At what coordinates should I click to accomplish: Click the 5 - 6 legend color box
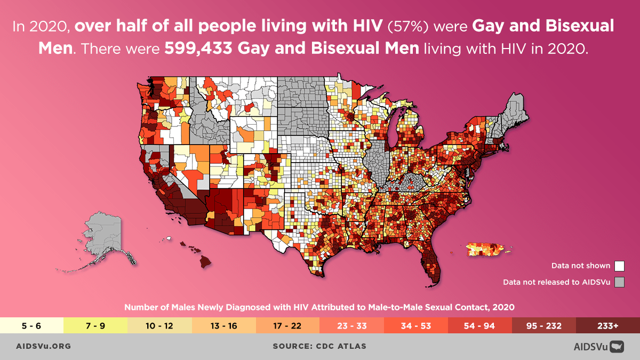(x=32, y=325)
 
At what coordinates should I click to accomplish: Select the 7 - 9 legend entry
(x=96, y=325)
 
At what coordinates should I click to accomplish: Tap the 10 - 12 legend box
(x=160, y=325)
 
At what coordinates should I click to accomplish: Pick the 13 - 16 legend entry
(x=224, y=325)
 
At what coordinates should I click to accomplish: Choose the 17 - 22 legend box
(x=288, y=325)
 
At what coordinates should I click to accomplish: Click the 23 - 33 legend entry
(x=352, y=325)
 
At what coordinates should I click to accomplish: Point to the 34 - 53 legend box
(x=416, y=325)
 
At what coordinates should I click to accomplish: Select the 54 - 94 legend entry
(x=480, y=325)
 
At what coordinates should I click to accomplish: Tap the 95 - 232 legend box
(x=544, y=325)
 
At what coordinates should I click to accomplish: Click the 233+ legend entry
(x=608, y=325)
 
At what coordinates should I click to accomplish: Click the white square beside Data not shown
(x=619, y=266)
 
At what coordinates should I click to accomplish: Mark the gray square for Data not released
(x=619, y=282)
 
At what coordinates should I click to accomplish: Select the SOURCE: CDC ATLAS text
(x=319, y=346)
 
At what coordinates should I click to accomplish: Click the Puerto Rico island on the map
(x=486, y=249)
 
